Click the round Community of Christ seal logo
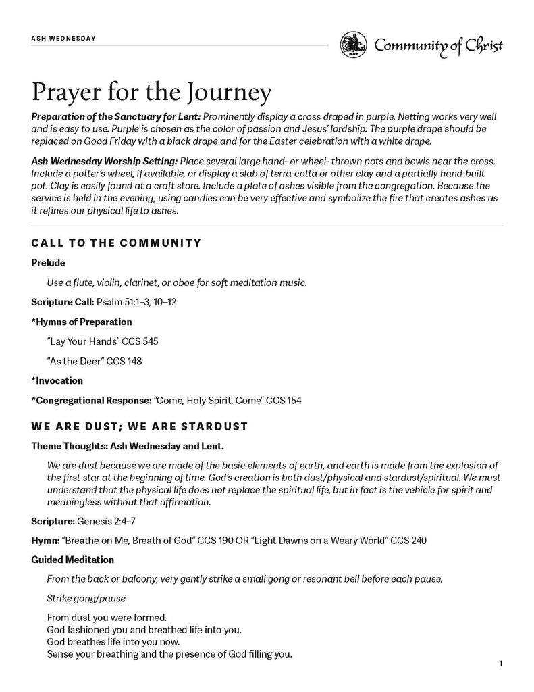(x=353, y=45)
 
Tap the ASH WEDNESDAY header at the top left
(x=63, y=38)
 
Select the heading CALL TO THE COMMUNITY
(x=116, y=243)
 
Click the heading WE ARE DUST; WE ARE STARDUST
(x=140, y=426)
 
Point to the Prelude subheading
(x=48, y=262)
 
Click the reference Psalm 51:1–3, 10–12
(x=136, y=301)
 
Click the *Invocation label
(x=57, y=380)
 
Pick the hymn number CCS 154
(x=284, y=401)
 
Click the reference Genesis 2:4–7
(x=101, y=521)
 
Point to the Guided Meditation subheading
(x=72, y=560)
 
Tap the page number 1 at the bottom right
(x=501, y=664)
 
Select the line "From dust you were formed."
(x=107, y=617)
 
